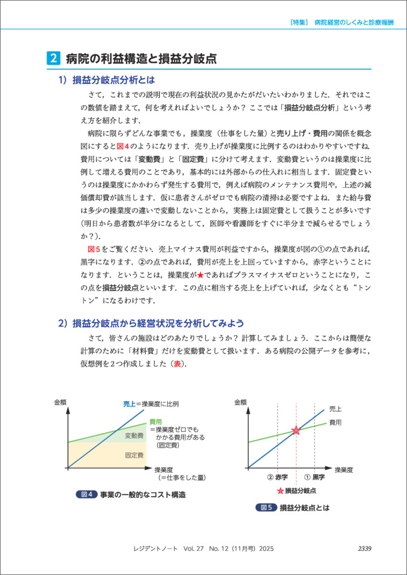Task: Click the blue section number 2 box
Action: [52, 58]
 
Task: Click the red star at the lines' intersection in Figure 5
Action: [296, 430]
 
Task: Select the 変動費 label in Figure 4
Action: [134, 436]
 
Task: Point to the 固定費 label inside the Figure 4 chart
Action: [134, 455]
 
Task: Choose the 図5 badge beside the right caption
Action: [266, 508]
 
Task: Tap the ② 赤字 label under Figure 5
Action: [277, 477]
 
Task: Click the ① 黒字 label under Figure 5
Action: [314, 477]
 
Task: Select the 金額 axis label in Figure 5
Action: [241, 402]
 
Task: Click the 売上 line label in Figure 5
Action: [335, 409]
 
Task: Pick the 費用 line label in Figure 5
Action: [335, 423]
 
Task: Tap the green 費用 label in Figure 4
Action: [155, 421]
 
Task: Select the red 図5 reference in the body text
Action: [94, 248]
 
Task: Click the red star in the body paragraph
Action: [201, 275]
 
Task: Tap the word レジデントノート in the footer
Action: [157, 549]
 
